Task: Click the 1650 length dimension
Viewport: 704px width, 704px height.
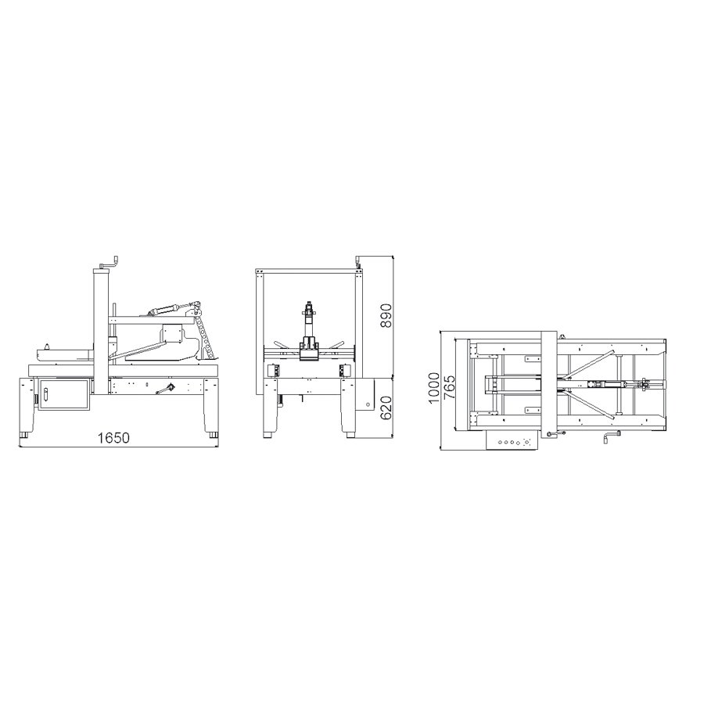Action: pos(113,438)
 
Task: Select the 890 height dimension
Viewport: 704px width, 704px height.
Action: pos(386,316)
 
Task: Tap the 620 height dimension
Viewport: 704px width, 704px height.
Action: pos(386,408)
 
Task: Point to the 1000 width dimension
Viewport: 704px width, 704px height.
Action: pos(434,388)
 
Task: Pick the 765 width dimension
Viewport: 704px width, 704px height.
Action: pos(448,387)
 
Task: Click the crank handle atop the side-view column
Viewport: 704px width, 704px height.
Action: pos(111,264)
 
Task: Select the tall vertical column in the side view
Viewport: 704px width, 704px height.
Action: pos(100,332)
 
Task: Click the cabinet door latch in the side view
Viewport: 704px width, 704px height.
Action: pos(45,393)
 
